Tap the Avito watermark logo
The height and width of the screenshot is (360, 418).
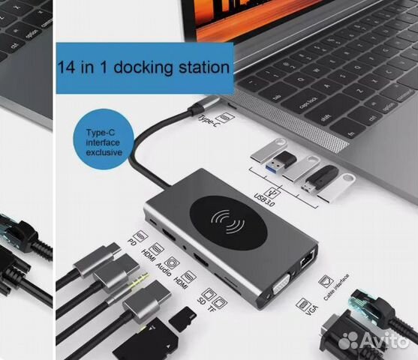point(375,340)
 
